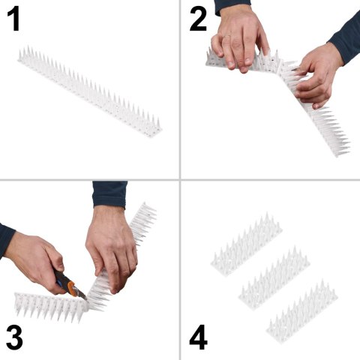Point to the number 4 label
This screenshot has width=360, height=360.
tap(197, 338)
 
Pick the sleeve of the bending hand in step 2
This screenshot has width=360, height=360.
tap(346, 37)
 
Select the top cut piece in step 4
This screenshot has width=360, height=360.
tap(247, 247)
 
